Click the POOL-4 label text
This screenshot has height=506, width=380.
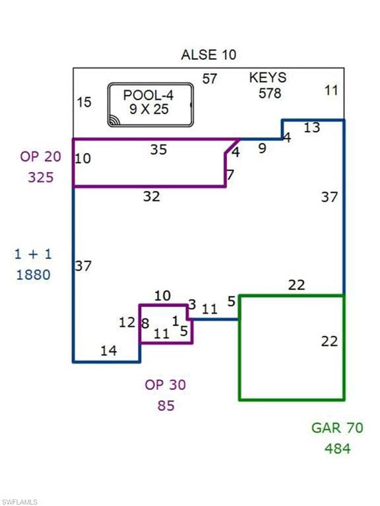coord(148,95)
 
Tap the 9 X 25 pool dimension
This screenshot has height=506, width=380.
coord(149,109)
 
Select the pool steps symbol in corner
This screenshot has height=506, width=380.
coord(114,120)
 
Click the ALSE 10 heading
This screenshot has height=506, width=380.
coord(208,55)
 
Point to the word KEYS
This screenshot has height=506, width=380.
coord(268,78)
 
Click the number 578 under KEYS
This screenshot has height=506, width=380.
coord(270,94)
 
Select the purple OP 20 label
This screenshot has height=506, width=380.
coord(40,157)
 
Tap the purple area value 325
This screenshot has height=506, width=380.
coord(41,177)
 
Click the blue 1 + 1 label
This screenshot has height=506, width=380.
coord(33,254)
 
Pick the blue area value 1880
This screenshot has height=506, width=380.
coord(33,275)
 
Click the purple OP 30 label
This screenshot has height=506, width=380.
coord(165,385)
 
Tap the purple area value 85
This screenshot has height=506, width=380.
coord(166,406)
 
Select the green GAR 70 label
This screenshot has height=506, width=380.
coord(337,428)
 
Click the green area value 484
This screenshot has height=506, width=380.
coord(338,449)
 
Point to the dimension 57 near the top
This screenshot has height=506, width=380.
coord(209,79)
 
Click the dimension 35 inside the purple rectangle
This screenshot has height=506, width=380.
coord(158,150)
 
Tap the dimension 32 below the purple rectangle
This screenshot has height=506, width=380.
coord(152,196)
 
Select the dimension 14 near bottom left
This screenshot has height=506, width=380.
coord(109,351)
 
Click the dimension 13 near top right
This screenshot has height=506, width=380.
coord(312,128)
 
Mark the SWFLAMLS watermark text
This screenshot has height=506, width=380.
coord(19,502)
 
